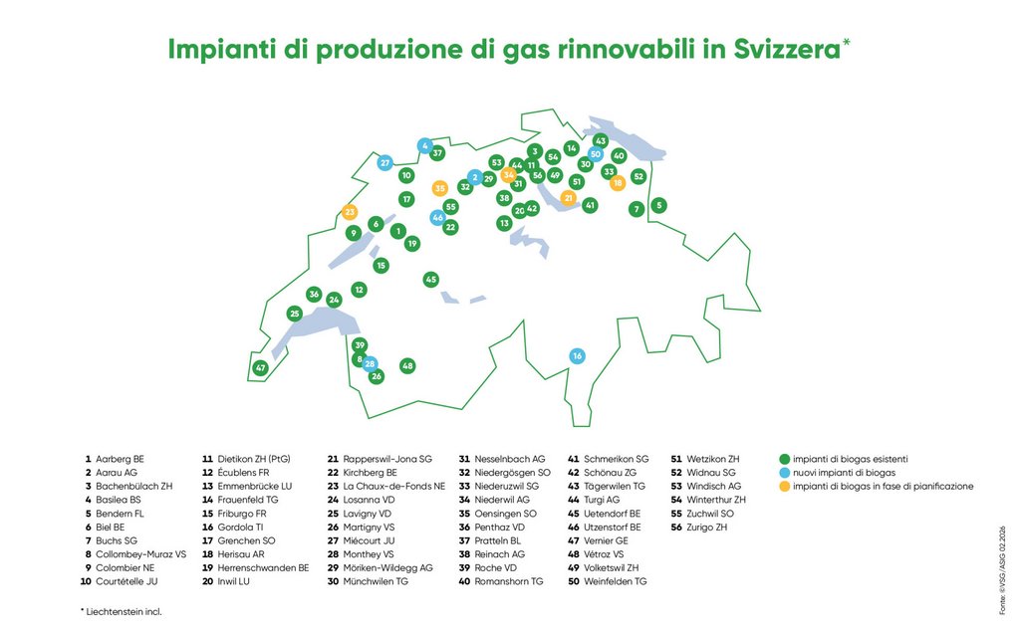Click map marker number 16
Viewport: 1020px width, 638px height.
pos(577,356)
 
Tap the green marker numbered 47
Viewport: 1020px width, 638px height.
pos(261,367)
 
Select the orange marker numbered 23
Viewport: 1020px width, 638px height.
pos(350,212)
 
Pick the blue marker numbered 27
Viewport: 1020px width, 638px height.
pos(385,162)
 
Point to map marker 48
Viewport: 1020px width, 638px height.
pos(407,365)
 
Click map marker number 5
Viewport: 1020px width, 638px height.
pos(659,205)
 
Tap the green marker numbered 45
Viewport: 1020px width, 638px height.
pos(430,280)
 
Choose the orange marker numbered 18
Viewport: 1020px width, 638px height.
pos(618,182)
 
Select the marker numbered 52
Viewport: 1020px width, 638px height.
pos(638,176)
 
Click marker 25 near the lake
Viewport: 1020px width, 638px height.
pos(295,314)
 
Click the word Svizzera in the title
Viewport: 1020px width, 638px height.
pos(788,50)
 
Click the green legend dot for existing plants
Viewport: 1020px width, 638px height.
pos(785,459)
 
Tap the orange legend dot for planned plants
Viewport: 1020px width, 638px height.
pos(785,486)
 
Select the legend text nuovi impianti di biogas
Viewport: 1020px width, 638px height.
pos(845,473)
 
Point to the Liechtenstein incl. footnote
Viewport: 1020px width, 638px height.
pos(121,611)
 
